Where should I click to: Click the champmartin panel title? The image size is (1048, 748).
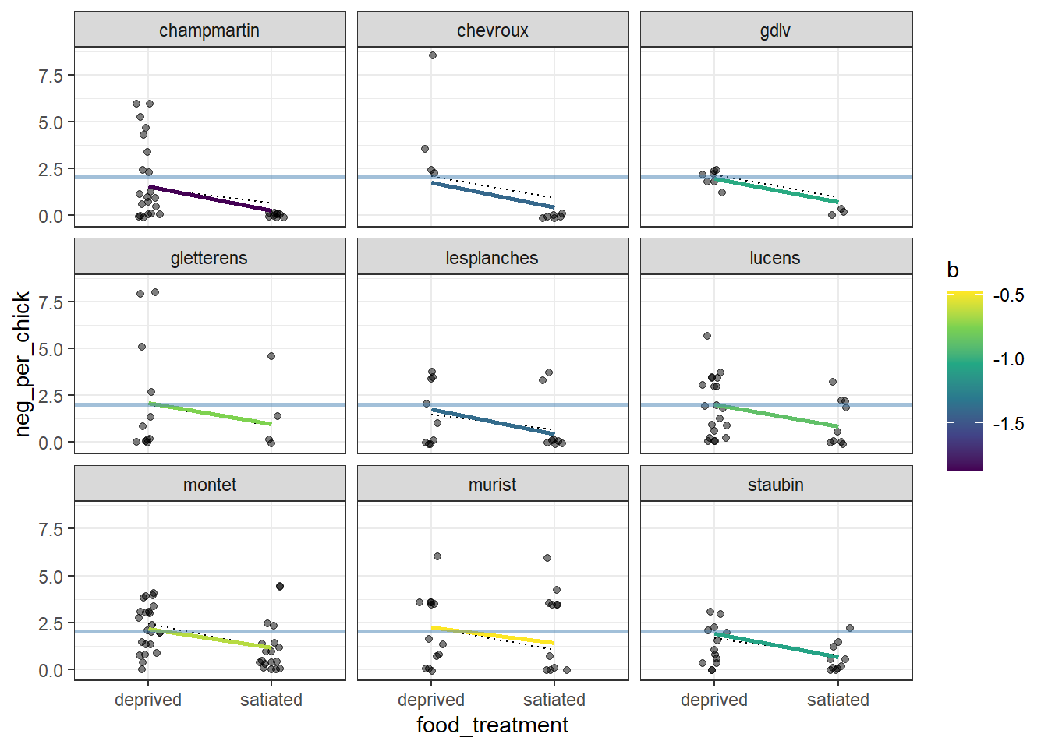tap(209, 30)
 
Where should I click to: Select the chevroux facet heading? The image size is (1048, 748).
tap(492, 30)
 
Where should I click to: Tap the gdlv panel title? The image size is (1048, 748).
tap(775, 30)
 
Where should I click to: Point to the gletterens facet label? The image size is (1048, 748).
tap(209, 258)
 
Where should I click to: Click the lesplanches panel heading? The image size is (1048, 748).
tap(492, 258)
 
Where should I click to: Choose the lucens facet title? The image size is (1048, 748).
tap(775, 258)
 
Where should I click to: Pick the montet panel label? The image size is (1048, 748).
tap(209, 485)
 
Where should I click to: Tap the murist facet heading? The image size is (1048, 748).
tap(492, 485)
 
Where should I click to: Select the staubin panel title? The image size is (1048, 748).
tap(775, 485)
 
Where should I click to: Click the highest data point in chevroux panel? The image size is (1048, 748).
tap(433, 55)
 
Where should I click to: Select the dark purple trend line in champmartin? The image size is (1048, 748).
tap(210, 199)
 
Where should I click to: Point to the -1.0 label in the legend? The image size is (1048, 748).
tap(1008, 359)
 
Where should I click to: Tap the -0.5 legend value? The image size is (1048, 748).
tap(1008, 295)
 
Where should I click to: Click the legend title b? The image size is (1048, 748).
tap(952, 270)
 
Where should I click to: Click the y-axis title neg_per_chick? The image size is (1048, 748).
tap(22, 364)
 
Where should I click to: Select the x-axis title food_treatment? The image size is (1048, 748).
tap(492, 725)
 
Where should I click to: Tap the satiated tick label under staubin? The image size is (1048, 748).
tap(837, 700)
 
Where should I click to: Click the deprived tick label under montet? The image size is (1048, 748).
tap(148, 700)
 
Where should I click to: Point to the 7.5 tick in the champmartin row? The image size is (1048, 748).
tap(51, 76)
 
